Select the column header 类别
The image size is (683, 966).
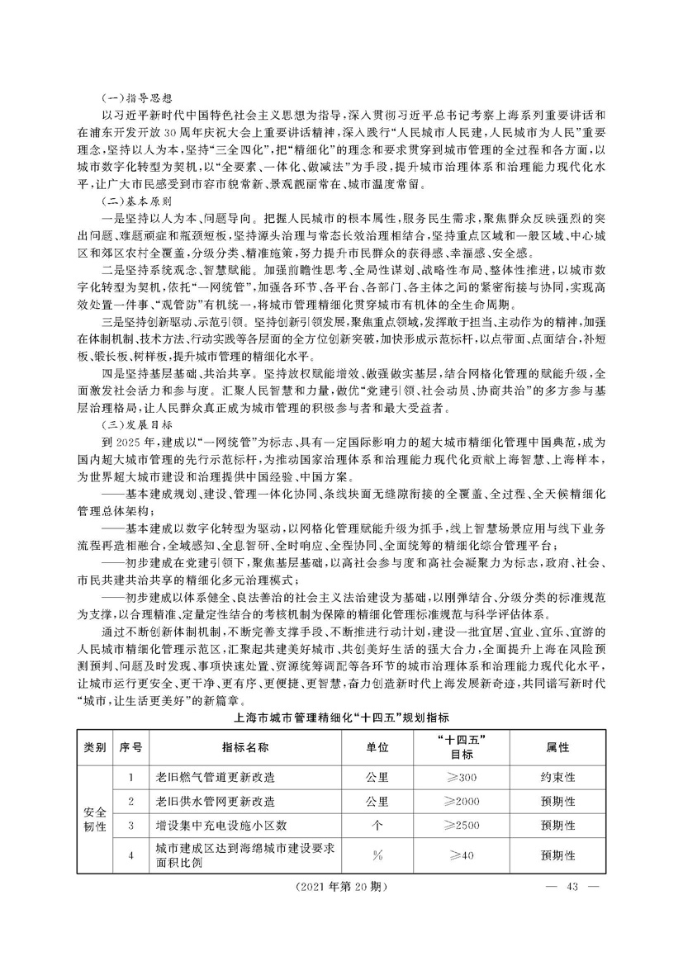95,746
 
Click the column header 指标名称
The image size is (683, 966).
244,746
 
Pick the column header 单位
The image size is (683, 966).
377,746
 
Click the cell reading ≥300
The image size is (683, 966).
461,778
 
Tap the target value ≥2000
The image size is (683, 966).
461,801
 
